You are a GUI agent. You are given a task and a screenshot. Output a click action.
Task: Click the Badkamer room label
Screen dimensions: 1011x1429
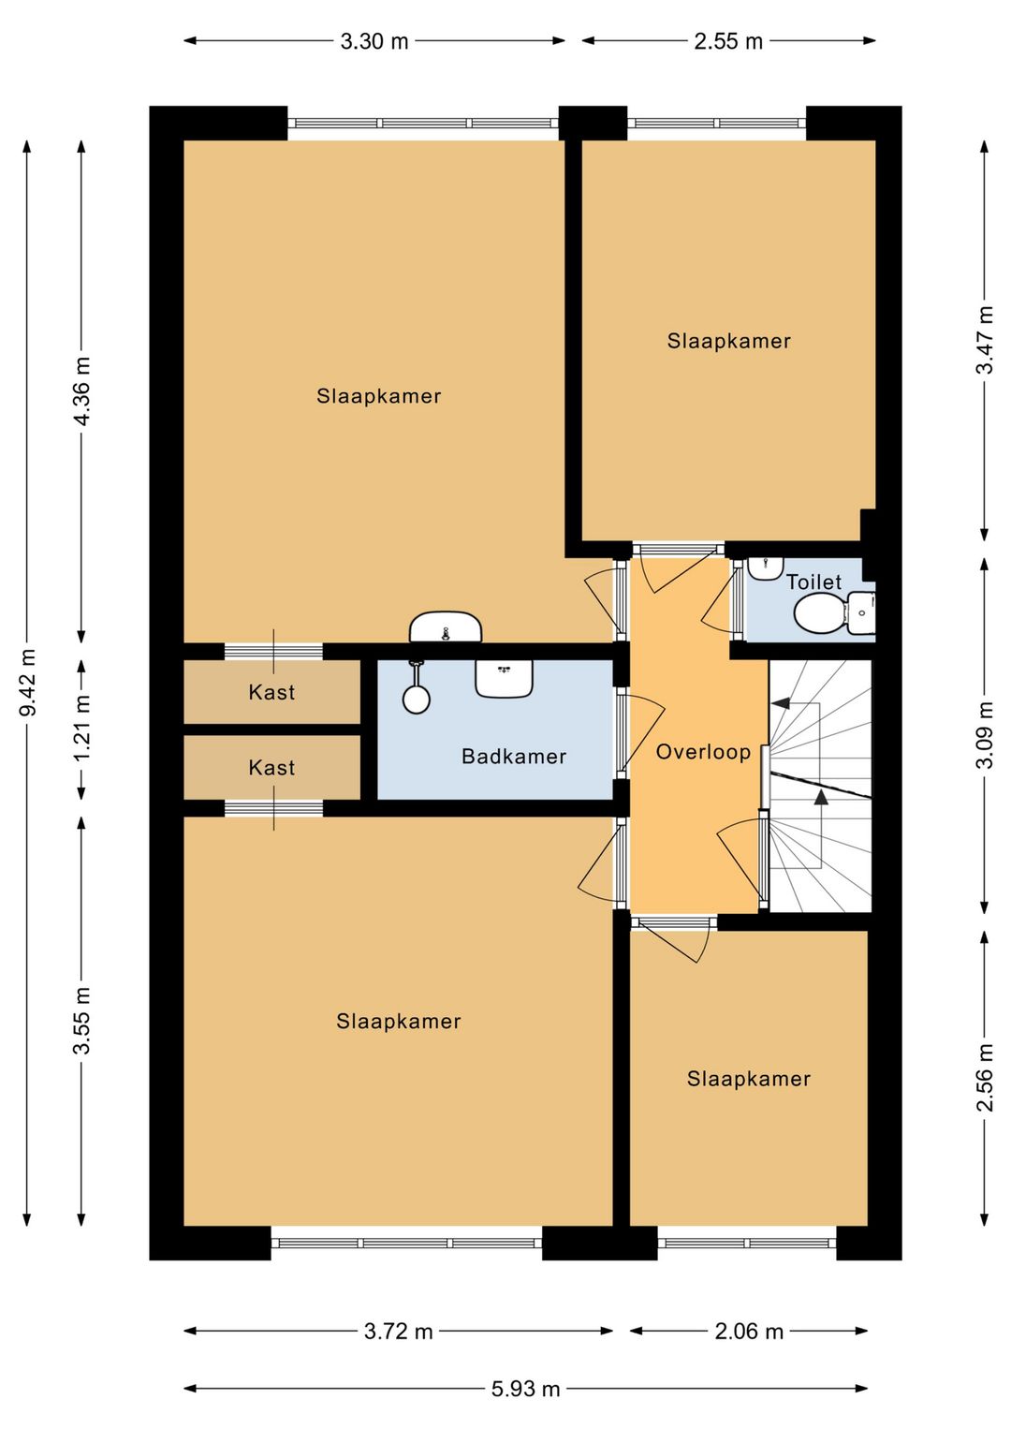[514, 757]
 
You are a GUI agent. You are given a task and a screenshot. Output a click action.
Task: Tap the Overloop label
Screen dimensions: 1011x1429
[703, 752]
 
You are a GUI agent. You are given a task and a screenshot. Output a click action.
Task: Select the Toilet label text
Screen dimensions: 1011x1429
[813, 582]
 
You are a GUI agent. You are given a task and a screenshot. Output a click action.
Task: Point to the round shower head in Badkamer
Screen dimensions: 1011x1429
[416, 700]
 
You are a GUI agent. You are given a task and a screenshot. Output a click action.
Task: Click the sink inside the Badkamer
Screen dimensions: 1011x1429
[504, 678]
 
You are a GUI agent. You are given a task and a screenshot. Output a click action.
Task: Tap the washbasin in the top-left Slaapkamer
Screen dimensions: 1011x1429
[446, 627]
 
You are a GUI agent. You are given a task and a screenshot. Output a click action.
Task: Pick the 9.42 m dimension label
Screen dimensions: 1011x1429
[27, 682]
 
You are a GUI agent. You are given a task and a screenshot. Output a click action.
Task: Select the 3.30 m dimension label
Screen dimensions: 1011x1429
[374, 41]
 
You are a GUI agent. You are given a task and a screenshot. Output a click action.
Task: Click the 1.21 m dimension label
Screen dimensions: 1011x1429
[82, 729]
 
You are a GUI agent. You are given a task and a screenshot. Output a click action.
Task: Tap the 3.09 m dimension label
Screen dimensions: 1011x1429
[985, 735]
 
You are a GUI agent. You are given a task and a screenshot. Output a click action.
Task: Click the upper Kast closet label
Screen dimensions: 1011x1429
[271, 692]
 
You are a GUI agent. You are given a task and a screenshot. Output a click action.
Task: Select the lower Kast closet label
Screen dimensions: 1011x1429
[271, 768]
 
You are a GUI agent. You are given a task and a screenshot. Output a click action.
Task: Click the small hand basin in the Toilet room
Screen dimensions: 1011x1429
[766, 567]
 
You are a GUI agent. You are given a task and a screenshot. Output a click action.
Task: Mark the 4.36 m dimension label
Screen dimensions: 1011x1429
[82, 391]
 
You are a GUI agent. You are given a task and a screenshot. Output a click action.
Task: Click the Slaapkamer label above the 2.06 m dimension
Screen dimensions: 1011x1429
[748, 1079]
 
